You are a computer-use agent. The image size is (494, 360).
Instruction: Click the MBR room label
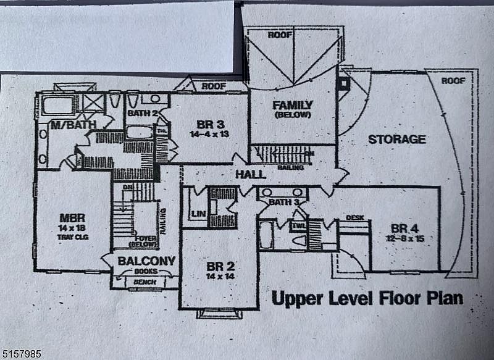point(72,218)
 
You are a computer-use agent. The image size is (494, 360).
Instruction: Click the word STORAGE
point(397,139)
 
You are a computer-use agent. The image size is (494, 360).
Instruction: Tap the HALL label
point(251,175)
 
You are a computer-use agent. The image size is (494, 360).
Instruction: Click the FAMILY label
point(293,105)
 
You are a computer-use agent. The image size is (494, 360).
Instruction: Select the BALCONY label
point(146,261)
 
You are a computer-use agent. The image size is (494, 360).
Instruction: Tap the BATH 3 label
point(285,201)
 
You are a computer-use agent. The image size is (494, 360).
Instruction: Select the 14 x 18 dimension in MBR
point(72,227)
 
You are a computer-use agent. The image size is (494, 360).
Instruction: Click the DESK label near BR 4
point(354,217)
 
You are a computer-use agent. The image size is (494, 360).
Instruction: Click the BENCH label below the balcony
point(146,283)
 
